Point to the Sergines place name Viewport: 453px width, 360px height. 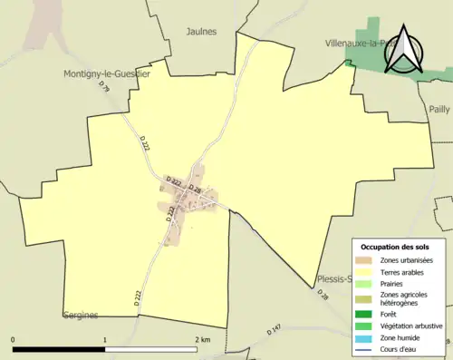pos(81,316)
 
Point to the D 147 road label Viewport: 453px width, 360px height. pos(275,328)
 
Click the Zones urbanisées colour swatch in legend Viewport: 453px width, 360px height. pos(364,260)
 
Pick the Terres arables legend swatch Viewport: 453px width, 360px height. pos(364,271)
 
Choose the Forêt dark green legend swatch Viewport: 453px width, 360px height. pos(364,315)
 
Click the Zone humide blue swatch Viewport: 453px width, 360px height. pos(364,336)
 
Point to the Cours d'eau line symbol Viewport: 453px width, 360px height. pos(364,347)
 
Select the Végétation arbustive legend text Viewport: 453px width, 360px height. pos(413,326)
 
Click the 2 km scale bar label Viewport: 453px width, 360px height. pos(202,340)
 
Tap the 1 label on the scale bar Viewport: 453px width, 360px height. pos(105,340)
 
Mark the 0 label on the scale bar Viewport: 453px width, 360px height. pos(13,340)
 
